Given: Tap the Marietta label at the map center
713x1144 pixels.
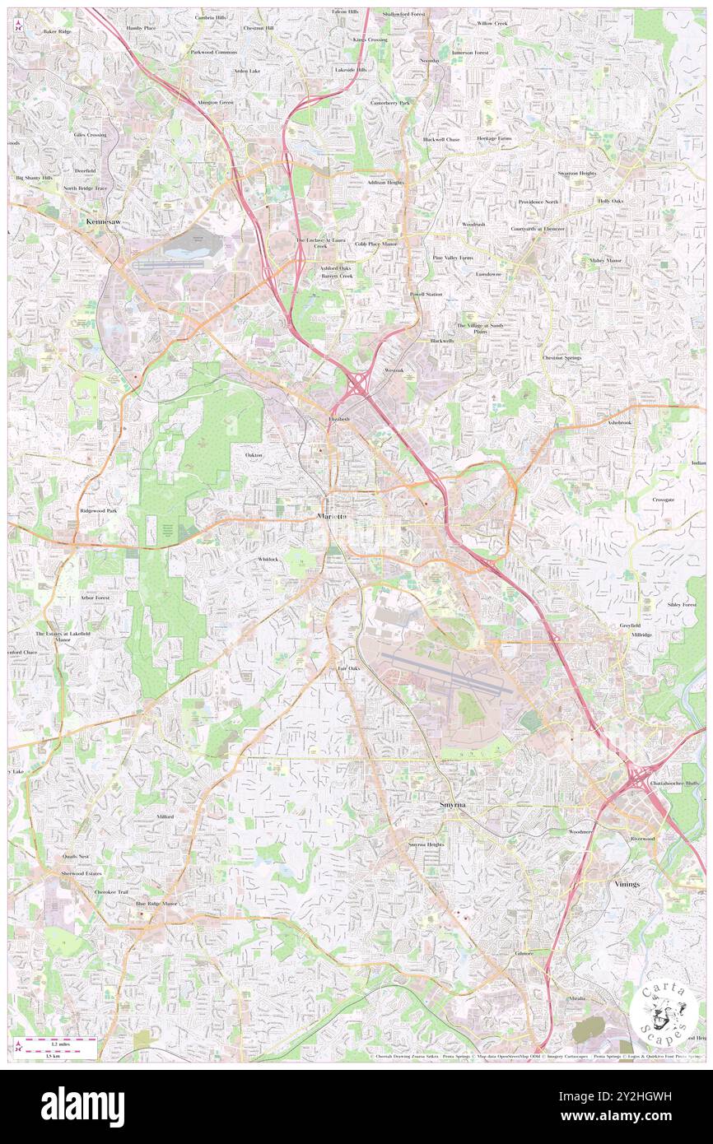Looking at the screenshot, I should click(x=333, y=516).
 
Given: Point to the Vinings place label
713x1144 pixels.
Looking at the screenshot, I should click(x=627, y=883).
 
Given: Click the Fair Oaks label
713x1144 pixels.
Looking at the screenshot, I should click(x=349, y=668).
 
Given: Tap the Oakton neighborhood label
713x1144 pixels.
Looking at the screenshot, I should click(x=254, y=454).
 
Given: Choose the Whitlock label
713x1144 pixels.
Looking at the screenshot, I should click(x=268, y=559).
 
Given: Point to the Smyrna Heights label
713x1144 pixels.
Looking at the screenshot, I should click(x=426, y=844).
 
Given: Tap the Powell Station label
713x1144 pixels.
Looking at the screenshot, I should click(x=426, y=294).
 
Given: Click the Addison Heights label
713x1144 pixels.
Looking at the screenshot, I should click(x=385, y=182).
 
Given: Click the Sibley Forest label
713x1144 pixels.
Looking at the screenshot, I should click(x=682, y=604).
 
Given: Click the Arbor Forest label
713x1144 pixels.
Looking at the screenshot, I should click(x=95, y=598).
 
